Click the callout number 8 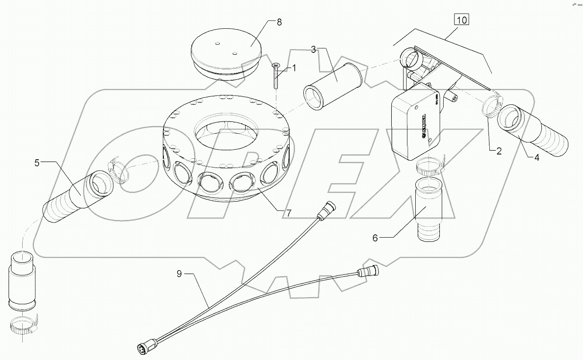(279, 22)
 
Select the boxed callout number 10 (461, 20)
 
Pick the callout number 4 (537, 158)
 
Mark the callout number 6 (375, 238)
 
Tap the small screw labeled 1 (275, 76)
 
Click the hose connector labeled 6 (428, 209)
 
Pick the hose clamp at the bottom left (23, 326)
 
